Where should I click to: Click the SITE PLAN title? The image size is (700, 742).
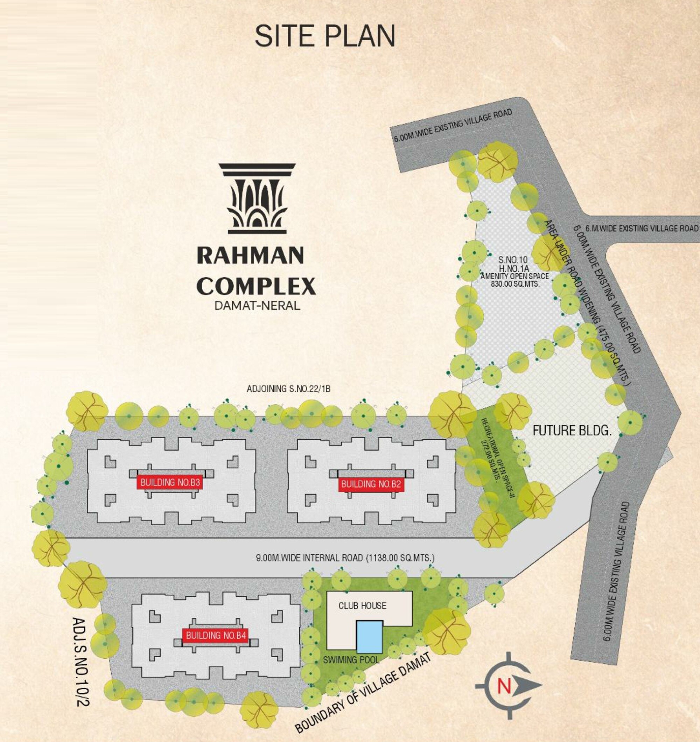[x=324, y=36]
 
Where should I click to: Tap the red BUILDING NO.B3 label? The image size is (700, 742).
[x=170, y=482]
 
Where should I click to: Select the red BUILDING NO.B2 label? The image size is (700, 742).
[x=371, y=484]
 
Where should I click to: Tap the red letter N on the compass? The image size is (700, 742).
[x=504, y=686]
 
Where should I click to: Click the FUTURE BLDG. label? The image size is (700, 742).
[x=572, y=431]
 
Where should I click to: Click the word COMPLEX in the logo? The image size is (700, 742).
[x=256, y=286]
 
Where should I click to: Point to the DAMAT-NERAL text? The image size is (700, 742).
[x=257, y=306]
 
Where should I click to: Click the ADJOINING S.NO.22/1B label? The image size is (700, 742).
[x=289, y=389]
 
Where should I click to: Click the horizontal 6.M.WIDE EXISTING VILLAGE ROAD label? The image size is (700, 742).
[x=636, y=228]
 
